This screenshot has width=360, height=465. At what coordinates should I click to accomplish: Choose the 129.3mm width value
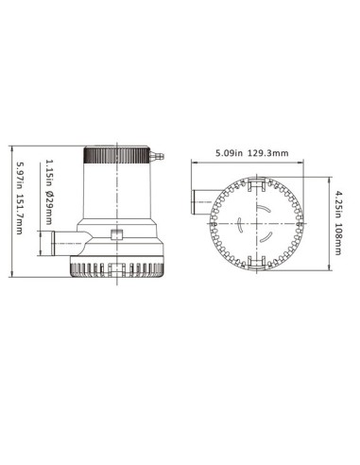275,151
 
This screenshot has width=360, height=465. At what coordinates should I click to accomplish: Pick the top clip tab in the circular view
249,186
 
